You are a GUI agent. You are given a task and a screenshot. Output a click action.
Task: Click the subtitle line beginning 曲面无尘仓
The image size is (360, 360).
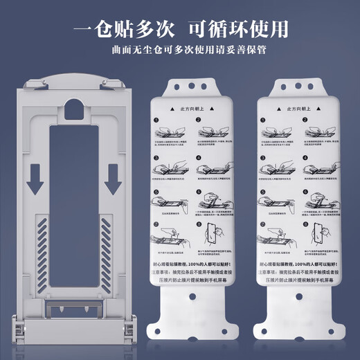[x=180, y=51]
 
